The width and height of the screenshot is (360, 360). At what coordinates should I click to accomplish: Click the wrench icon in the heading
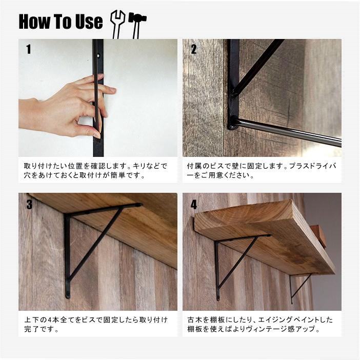(x=117, y=24)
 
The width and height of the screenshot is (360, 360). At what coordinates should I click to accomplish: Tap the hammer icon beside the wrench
(x=137, y=24)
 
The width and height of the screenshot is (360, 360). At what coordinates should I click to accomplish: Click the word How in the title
(x=35, y=22)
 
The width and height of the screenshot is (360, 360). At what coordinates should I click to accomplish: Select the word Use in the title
(x=89, y=22)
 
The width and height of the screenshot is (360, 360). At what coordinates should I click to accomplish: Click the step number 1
(x=29, y=49)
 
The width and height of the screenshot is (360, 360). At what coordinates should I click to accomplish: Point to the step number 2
(x=193, y=49)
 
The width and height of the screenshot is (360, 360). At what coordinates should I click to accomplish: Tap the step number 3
(x=29, y=204)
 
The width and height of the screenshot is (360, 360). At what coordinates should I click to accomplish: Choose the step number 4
(x=194, y=204)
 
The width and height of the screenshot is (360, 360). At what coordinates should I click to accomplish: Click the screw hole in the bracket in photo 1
(x=98, y=55)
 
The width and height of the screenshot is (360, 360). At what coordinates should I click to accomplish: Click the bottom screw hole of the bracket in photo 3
(x=68, y=293)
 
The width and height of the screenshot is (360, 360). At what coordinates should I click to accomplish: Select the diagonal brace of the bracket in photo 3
(x=95, y=244)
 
